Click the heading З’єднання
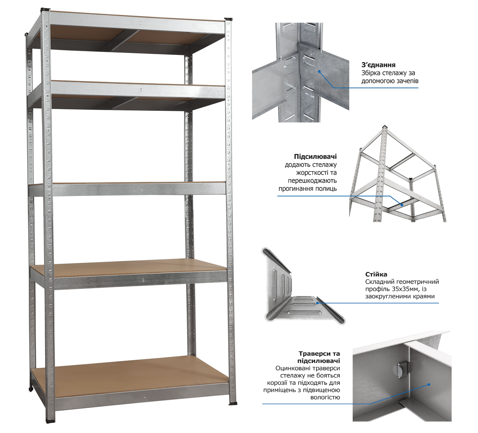(x=378, y=65)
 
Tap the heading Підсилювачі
(x=315, y=157)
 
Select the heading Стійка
(x=376, y=274)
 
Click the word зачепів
(x=407, y=81)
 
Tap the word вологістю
(x=325, y=397)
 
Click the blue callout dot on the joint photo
(x=319, y=71)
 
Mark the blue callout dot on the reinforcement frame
(x=402, y=205)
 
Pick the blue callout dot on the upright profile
(x=317, y=303)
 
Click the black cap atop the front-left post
(x=45, y=10)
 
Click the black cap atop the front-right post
(x=228, y=19)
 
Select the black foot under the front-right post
(x=233, y=403)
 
